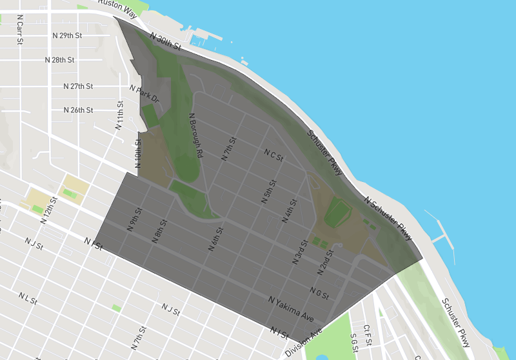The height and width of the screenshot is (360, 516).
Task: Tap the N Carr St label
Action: pyautogui.click(x=21, y=30)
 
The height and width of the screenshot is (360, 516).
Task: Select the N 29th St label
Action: pyautogui.click(x=66, y=35)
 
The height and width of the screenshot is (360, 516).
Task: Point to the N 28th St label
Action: pyautogui.click(x=60, y=60)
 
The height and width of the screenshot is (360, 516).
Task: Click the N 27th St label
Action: pyautogui.click(x=79, y=86)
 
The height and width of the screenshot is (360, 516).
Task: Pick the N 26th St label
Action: pyautogui.click(x=79, y=110)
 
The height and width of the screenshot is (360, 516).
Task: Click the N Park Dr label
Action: pyautogui.click(x=144, y=94)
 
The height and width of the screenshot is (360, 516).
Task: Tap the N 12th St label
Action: pyautogui.click(x=49, y=210)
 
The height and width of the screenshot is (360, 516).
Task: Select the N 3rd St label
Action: pyautogui.click(x=300, y=250)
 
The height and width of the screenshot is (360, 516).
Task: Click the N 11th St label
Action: pyautogui.click(x=120, y=115)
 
